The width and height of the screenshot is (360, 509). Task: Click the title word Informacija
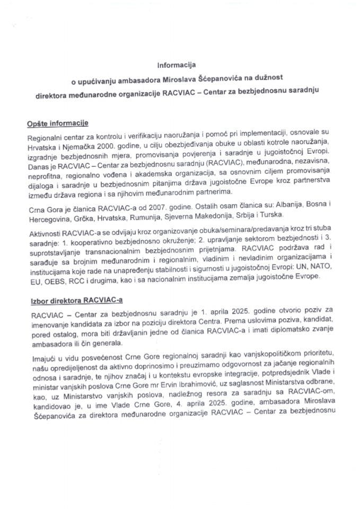[176, 66]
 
